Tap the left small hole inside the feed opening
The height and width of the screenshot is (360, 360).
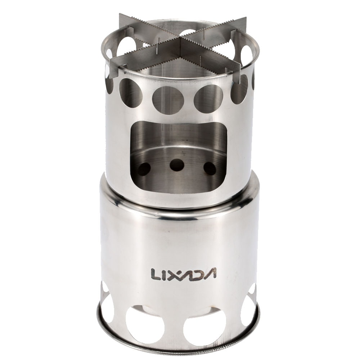pos(144,168)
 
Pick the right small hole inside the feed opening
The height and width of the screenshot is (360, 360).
pos(210,168)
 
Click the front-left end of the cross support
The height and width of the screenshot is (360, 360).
pos(112,65)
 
